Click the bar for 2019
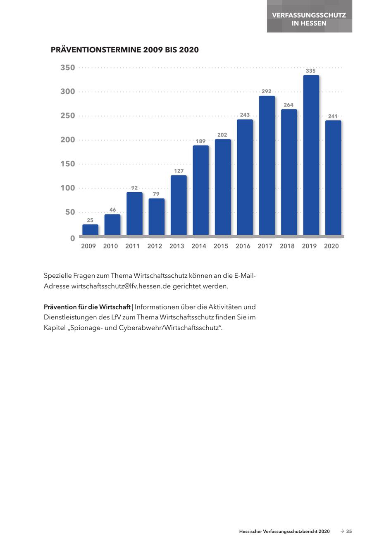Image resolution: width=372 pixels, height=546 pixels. (x=311, y=155)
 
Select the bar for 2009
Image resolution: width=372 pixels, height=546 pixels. (x=90, y=230)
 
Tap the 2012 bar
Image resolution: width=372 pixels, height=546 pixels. (x=156, y=217)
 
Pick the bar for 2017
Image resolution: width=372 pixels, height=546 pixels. (x=267, y=165)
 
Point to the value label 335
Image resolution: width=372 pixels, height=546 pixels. (x=310, y=71)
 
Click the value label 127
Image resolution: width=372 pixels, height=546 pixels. (x=179, y=171)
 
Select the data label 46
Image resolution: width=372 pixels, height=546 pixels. (x=112, y=210)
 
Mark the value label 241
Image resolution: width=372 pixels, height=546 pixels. (x=333, y=116)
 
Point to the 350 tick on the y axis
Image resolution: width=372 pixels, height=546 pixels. (x=68, y=68)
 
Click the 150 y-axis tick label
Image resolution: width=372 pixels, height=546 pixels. (x=68, y=164)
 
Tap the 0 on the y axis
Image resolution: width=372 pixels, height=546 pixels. (x=73, y=238)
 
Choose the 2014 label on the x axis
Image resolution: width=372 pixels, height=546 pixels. (x=199, y=246)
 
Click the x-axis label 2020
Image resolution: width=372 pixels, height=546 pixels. (x=331, y=246)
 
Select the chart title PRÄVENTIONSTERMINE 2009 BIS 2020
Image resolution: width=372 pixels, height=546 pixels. (x=124, y=50)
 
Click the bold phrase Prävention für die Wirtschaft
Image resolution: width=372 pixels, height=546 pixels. (x=87, y=307)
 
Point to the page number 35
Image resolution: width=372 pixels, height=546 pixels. (x=349, y=532)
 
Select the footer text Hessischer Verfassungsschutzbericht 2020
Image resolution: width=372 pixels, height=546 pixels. (x=284, y=532)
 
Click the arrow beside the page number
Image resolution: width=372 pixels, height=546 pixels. (x=342, y=532)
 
